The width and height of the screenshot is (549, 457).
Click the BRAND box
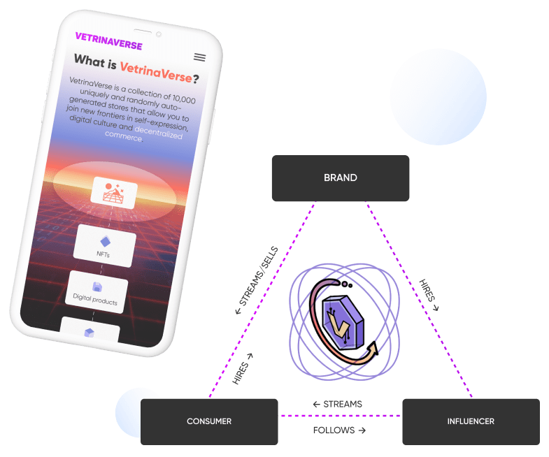click(x=340, y=178)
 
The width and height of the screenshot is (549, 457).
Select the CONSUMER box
click(x=209, y=421)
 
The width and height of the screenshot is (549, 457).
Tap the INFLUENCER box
click(x=471, y=421)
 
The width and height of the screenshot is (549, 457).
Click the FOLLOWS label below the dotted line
click(x=339, y=430)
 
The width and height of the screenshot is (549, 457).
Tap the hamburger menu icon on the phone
click(x=200, y=57)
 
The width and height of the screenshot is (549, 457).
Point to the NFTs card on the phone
click(x=104, y=245)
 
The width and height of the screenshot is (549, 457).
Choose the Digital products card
click(x=98, y=291)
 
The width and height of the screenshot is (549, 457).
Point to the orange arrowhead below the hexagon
click(x=371, y=348)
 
